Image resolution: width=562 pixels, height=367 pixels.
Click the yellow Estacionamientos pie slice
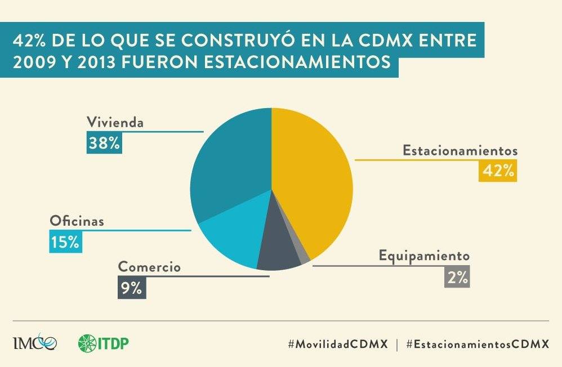pos(315,180)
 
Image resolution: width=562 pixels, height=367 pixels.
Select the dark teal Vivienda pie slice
pos(231,163)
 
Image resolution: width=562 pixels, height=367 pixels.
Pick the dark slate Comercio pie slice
pos(277,253)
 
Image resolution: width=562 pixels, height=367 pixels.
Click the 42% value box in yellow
pos(498,171)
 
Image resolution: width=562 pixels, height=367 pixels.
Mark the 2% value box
pos(457,277)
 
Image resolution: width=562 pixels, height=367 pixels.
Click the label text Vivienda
pos(115,122)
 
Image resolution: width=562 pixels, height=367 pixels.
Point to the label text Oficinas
pos(77,221)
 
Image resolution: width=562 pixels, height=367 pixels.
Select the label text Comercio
pos(149,267)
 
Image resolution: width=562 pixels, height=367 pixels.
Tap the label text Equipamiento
pos(424,256)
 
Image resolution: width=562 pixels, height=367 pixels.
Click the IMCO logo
pos(34,343)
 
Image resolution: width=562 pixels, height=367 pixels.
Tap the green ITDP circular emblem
pos(88,343)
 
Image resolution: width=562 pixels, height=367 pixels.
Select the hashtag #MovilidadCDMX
pos(338,344)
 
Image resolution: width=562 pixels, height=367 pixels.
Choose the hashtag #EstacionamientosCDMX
pos(477,344)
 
